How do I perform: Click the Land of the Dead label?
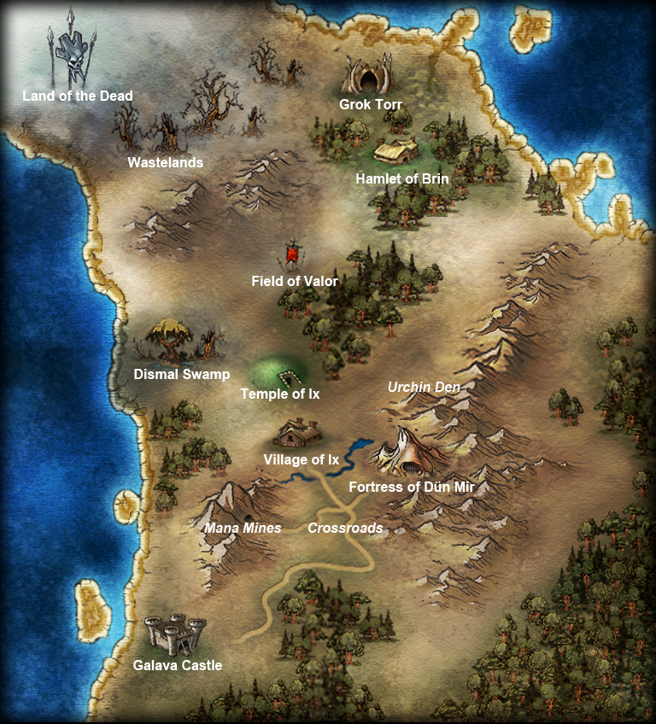(78, 96)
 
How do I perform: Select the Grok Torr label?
(371, 105)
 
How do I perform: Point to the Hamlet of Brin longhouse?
(396, 153)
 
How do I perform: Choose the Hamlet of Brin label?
(401, 179)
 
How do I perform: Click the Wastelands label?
(166, 162)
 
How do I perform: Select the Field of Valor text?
(295, 281)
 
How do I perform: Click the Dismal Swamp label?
(182, 375)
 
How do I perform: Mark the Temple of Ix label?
(280, 394)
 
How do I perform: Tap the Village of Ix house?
(298, 433)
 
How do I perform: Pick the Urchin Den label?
(425, 388)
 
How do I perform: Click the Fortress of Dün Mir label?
(412, 488)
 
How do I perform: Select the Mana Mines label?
(243, 528)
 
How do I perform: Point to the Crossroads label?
(345, 528)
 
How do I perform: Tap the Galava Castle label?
(178, 666)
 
